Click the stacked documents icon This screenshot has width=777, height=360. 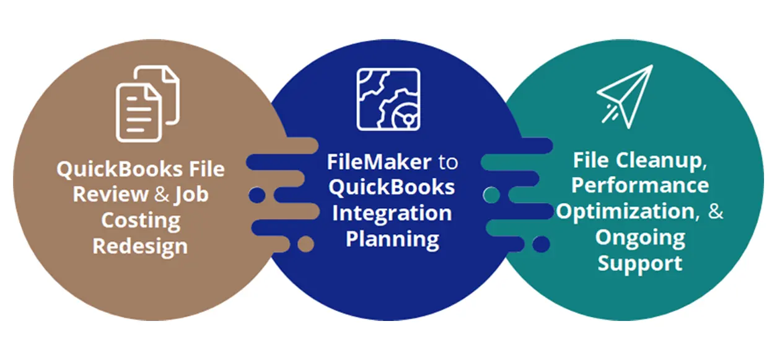[147, 103]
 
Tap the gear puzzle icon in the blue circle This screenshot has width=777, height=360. [388, 99]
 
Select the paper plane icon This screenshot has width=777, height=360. [625, 96]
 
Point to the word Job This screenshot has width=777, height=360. [191, 195]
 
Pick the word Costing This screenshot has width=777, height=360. [141, 221]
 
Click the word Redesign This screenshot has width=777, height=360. [140, 246]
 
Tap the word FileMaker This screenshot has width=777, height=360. [379, 162]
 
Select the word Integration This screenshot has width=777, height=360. [392, 213]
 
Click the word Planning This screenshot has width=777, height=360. [392, 239]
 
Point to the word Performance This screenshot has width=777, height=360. [640, 186]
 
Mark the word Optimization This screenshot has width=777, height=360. [625, 211]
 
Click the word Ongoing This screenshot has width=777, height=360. [640, 237]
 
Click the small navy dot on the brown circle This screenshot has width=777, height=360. [257, 195]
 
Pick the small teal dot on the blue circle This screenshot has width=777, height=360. [491, 195]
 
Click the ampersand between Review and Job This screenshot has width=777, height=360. [162, 195]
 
